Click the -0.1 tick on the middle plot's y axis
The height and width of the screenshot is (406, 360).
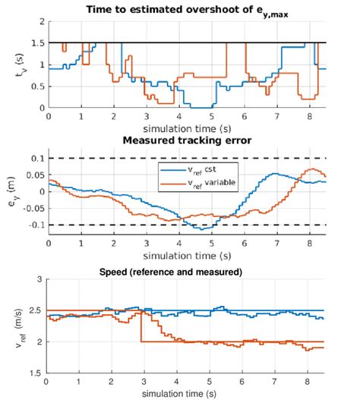pos(34,225)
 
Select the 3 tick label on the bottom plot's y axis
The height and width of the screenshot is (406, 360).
pos(39,280)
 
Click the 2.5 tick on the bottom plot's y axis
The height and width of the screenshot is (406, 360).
pos(36,311)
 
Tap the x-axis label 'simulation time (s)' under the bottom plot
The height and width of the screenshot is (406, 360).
pos(187,395)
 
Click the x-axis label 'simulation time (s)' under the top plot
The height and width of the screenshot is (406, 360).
pos(187,128)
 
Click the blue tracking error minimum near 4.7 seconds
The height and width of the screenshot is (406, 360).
pos(199,228)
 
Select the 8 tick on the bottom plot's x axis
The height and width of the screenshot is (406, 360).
pos(308,382)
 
